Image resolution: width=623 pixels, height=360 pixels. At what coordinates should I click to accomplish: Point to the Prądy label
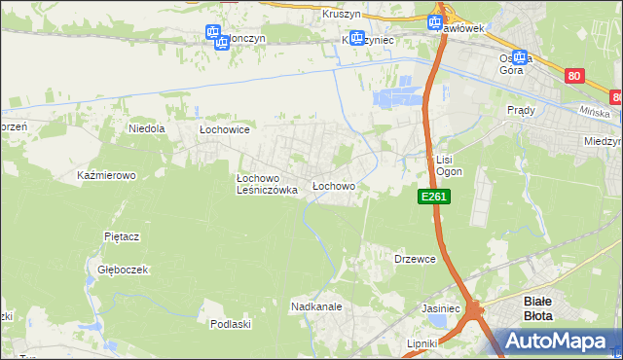[x=521, y=111]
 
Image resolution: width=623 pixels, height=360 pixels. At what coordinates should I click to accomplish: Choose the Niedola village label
[x=147, y=127]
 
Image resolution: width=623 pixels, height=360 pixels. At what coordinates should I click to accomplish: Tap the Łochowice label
[x=225, y=128]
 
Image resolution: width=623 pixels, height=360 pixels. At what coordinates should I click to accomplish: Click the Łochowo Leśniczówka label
[x=267, y=185]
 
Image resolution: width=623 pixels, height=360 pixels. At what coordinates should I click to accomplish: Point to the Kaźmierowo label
[x=105, y=176]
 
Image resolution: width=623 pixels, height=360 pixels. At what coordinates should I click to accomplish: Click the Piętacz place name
[x=123, y=236]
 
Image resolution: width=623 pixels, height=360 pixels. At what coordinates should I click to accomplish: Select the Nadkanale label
[x=315, y=306]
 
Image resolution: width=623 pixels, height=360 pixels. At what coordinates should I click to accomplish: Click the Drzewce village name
[x=414, y=259]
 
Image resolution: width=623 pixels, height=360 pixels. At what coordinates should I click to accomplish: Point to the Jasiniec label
[x=440, y=308]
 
